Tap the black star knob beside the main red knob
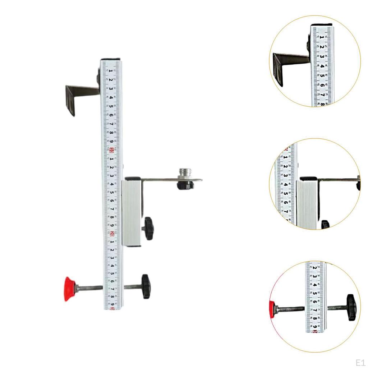coord(146,286)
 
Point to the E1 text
coord(360,362)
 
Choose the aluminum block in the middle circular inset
coord(307,205)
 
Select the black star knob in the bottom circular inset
coord(351,307)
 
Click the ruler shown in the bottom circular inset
coord(316,298)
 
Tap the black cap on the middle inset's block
coord(308,178)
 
